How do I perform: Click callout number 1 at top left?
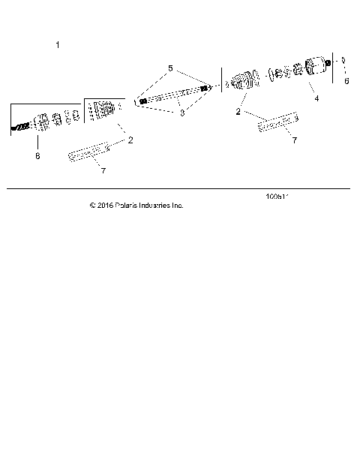[x=58, y=45]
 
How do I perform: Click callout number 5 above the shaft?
[x=170, y=68]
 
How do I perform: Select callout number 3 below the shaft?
[x=181, y=113]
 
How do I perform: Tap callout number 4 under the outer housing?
[x=316, y=98]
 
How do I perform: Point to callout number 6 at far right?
[x=346, y=80]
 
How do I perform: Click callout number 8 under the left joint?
[x=37, y=156]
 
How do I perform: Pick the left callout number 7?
[x=103, y=171]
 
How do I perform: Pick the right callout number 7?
[x=294, y=140]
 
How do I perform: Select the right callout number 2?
[x=238, y=111]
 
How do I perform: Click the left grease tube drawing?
[x=89, y=152]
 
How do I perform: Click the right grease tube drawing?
[x=277, y=122]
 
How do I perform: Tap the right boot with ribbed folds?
[x=243, y=81]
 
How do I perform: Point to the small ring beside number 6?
[x=342, y=62]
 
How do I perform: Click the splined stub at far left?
[x=19, y=128]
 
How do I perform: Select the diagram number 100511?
[x=277, y=197]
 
